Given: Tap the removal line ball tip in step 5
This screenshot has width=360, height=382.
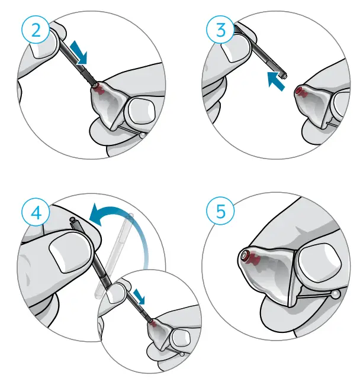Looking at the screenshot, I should click(x=336, y=294).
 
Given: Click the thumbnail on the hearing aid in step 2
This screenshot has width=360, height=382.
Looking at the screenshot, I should click(x=139, y=112).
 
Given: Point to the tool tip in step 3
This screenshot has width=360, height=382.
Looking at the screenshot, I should click(x=285, y=76).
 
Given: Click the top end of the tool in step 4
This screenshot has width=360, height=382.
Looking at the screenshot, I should click(x=73, y=223).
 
